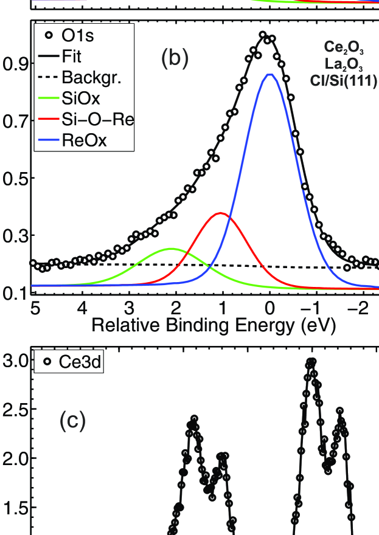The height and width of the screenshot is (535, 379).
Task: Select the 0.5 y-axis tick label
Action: tap(14, 179)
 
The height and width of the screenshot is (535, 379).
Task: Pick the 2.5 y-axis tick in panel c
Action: tap(14, 409)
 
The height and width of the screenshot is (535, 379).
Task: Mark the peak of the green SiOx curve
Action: tap(172, 249)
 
